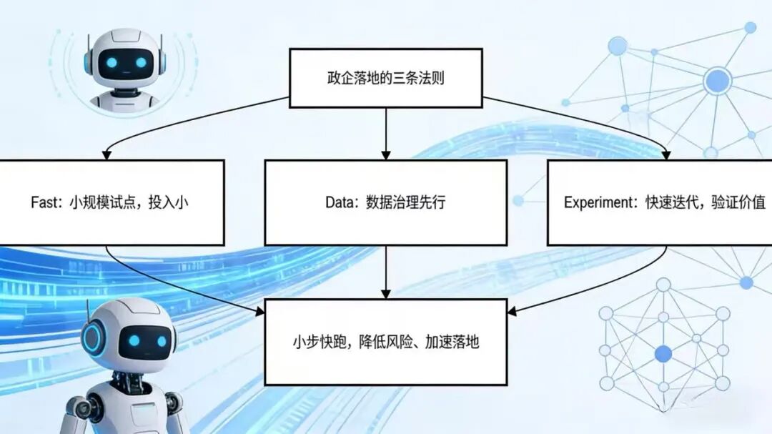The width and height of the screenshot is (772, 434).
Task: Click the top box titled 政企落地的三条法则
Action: coord(385,78)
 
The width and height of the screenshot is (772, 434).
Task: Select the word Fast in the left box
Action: coord(46,202)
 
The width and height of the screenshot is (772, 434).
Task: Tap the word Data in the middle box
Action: coord(341,202)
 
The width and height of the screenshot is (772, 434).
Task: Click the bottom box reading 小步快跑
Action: coord(385,342)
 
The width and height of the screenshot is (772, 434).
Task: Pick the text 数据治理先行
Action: coord(405,202)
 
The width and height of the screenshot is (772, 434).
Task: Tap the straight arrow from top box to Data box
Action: coord(386,132)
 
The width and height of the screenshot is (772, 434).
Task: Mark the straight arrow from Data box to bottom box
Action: coord(386,272)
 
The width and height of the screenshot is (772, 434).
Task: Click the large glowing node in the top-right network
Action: coord(715,81)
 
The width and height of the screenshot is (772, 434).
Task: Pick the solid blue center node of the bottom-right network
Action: coord(663,352)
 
